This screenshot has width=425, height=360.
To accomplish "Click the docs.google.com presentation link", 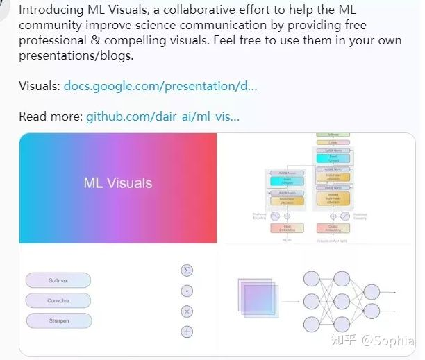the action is tap(160, 87).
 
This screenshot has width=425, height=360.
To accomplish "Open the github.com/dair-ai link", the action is tap(162, 116).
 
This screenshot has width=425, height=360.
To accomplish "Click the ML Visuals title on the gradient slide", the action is tap(118, 183).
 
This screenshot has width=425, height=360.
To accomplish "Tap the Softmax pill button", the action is tap(58, 281).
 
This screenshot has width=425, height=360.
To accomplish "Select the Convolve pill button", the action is tap(58, 301).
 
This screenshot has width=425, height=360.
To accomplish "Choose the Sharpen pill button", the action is tap(58, 321).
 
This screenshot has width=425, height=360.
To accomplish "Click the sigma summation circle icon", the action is tap(187, 270).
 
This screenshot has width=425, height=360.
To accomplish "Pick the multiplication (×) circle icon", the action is tap(187, 311).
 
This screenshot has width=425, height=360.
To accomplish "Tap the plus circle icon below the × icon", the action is tap(187, 332).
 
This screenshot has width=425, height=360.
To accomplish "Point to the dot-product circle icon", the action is tap(187, 291).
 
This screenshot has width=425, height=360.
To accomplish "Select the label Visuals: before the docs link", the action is tap(40, 87).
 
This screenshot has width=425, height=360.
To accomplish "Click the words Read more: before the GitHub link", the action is tap(51, 116).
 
